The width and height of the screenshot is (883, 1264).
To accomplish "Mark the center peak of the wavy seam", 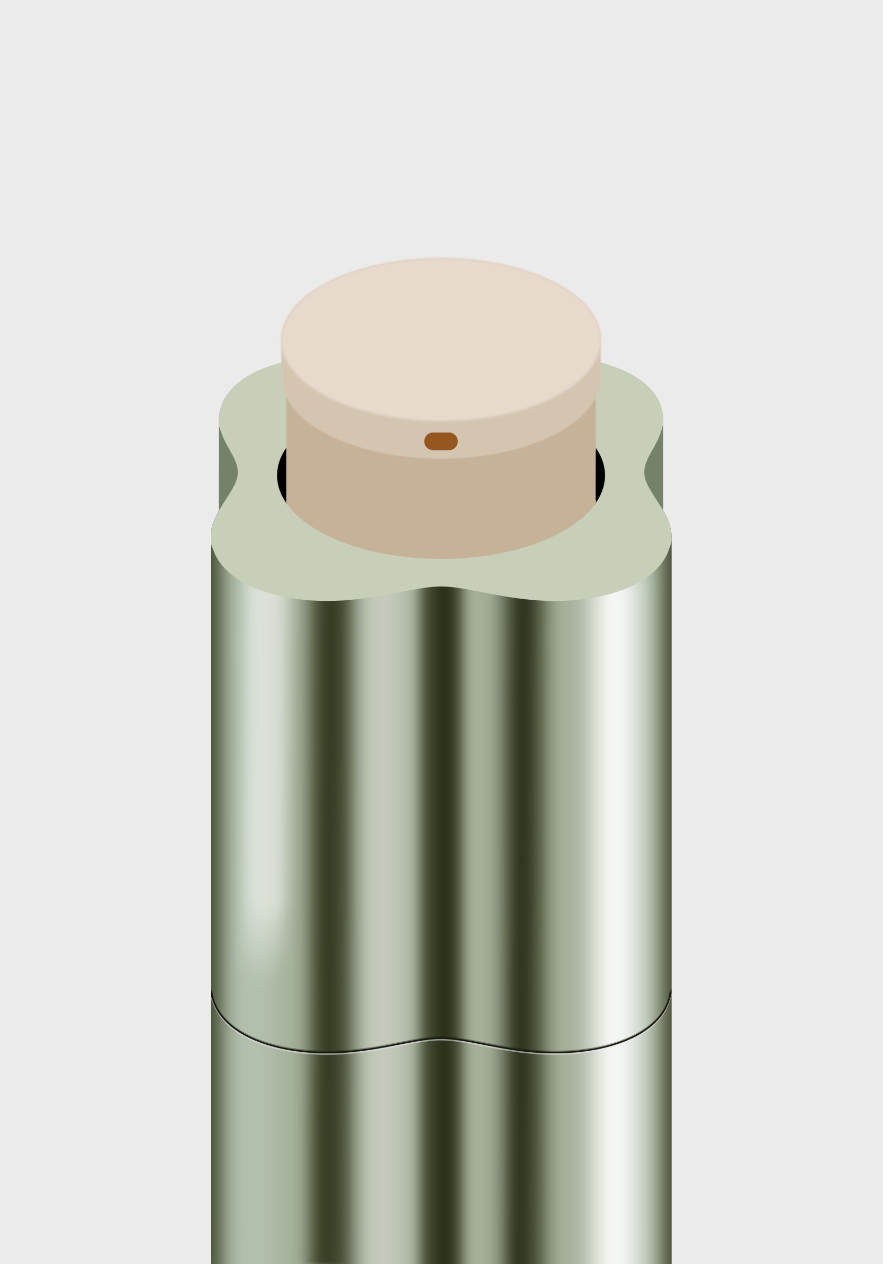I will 441,1023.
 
